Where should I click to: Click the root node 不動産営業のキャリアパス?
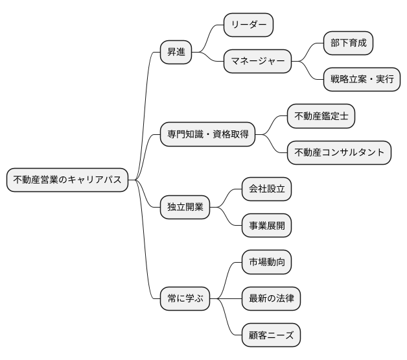(x=67, y=180)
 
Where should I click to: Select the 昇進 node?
(x=176, y=53)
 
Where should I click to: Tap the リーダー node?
(x=248, y=25)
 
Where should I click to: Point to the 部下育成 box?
(x=349, y=43)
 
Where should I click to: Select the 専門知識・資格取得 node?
(x=207, y=135)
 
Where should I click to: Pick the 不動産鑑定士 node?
(x=321, y=116)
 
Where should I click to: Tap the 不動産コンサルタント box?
(x=340, y=153)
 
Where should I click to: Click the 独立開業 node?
(x=185, y=208)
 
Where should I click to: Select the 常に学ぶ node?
(x=185, y=299)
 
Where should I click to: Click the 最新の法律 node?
(x=271, y=299)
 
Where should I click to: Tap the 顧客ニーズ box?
(x=271, y=336)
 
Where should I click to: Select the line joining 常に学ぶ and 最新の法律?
(x=226, y=299)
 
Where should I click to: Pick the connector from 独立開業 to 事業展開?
(x=227, y=219)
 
